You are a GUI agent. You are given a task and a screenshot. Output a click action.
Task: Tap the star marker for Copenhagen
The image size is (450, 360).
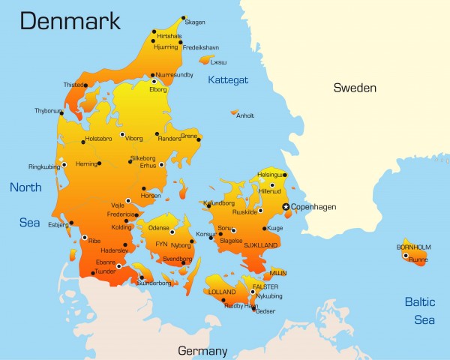pyautogui.click(x=285, y=206)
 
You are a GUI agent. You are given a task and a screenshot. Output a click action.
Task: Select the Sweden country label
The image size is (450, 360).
pyautogui.click(x=354, y=88)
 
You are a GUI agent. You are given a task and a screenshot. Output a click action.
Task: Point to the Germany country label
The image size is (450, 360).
pyautogui.click(x=202, y=350)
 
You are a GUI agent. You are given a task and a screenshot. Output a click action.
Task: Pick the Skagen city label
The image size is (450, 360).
pyautogui.click(x=195, y=22)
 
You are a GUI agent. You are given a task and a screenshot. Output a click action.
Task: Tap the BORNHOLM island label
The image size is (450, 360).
pyautogui.click(x=413, y=247)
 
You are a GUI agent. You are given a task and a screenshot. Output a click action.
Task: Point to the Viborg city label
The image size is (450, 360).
pyautogui.click(x=133, y=139)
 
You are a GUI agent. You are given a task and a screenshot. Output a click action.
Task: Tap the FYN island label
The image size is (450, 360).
pyautogui.click(x=161, y=244)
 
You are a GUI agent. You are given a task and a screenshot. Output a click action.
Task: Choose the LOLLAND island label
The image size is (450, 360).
pyautogui.click(x=222, y=292)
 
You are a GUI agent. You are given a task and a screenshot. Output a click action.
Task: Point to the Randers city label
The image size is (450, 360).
pyautogui.click(x=169, y=139)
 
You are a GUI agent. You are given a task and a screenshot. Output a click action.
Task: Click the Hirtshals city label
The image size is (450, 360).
pyautogui.click(x=169, y=36)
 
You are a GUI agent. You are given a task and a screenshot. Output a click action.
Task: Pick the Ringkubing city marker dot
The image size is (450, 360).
pyautogui.click(x=64, y=164)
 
